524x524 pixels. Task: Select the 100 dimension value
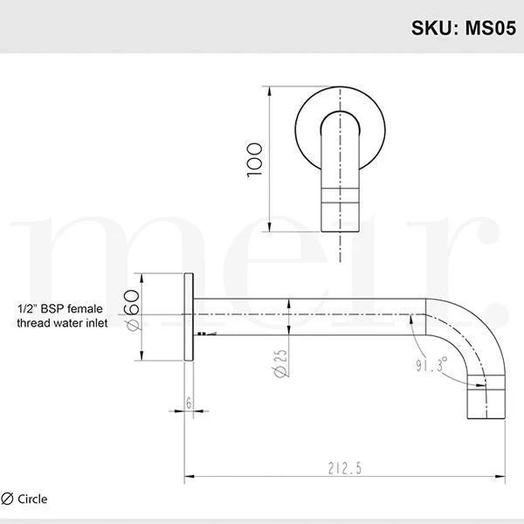[x=254, y=161]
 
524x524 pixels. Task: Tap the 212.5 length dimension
[x=346, y=469]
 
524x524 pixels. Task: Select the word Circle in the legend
[x=32, y=500]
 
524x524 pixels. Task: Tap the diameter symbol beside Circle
[x=8, y=500]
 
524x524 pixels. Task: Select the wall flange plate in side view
[x=189, y=318]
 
